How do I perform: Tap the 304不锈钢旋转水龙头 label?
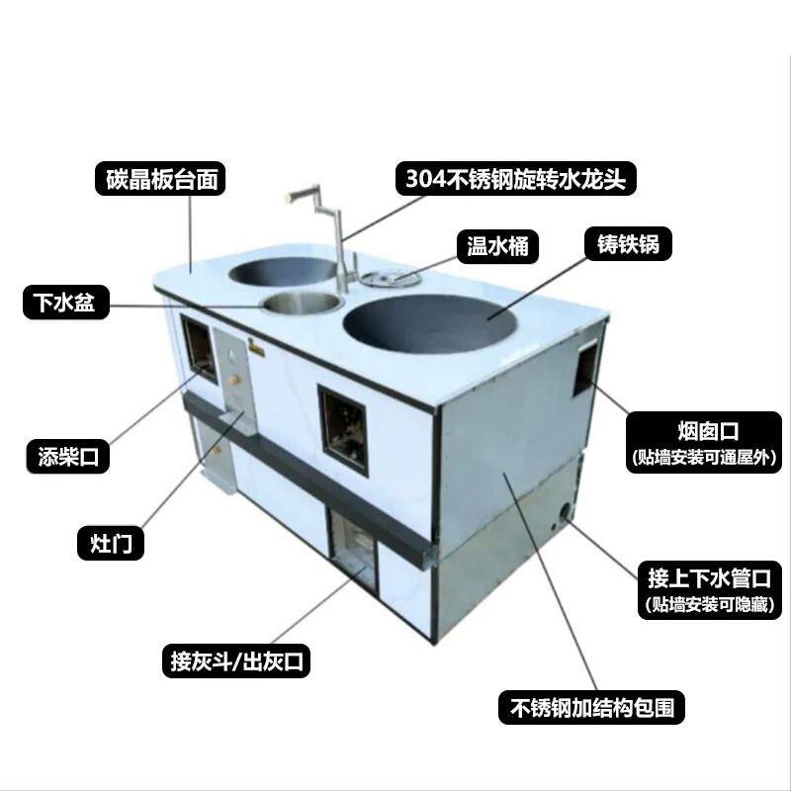pyautogui.click(x=516, y=178)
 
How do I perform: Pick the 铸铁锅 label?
pyautogui.click(x=628, y=243)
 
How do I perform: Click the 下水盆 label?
pyautogui.click(x=58, y=304)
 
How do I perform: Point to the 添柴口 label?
pyautogui.click(x=67, y=457)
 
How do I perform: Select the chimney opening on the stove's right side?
pyautogui.click(x=590, y=365)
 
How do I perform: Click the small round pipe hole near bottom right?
pyautogui.click(x=565, y=513)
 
